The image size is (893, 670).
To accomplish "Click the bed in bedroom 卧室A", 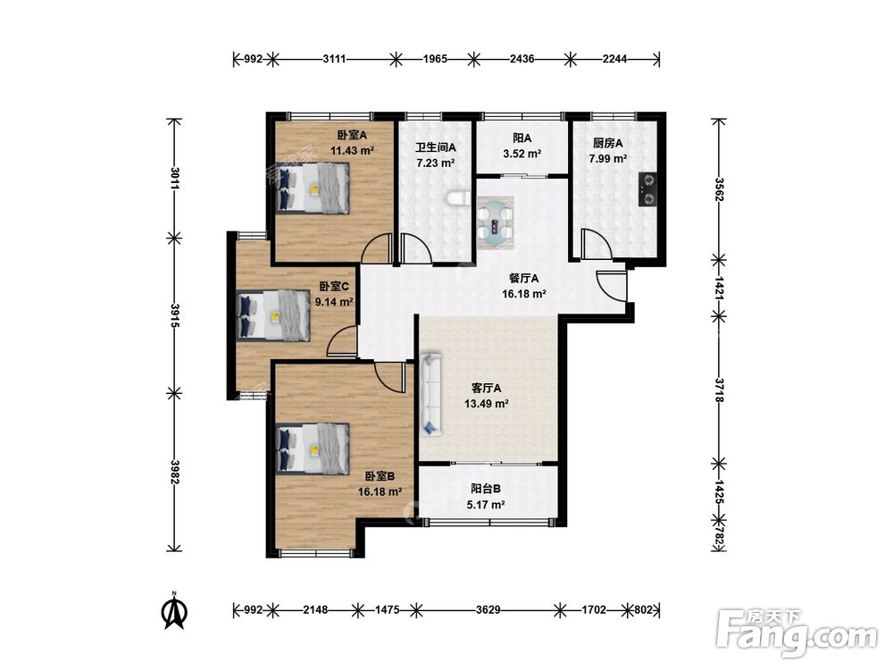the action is [313, 188].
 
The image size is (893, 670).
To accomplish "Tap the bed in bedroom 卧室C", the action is [273, 315].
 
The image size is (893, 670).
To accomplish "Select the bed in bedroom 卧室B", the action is [313, 448].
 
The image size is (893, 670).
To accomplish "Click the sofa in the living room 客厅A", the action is [431, 394].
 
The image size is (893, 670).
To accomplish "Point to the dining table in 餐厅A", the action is [496, 222].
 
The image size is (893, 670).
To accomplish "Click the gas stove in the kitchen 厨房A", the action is [648, 189].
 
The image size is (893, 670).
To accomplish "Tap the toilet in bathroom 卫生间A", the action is [456, 199].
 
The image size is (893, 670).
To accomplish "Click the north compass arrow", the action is [176, 611].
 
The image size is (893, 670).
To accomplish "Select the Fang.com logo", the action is [797, 633].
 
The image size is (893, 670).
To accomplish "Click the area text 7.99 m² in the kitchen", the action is [608, 158].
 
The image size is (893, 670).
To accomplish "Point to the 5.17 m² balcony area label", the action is [486, 504].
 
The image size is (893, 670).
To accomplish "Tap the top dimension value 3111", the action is [334, 59].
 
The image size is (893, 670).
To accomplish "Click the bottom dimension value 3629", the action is [488, 610].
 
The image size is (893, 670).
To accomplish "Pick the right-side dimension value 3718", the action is [719, 390].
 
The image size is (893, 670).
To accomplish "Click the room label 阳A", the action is [522, 138].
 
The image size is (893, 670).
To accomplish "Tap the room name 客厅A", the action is [487, 389].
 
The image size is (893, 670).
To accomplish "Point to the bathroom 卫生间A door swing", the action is [417, 247].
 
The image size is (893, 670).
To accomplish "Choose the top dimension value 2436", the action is [522, 59].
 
